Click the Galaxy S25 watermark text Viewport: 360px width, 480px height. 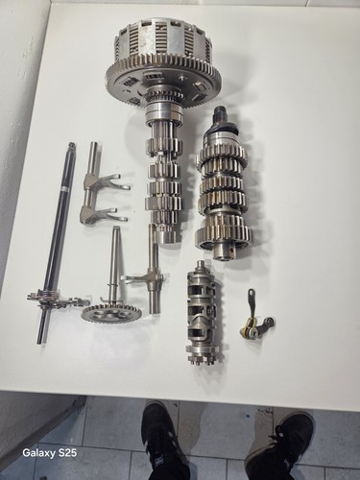tap(50, 453)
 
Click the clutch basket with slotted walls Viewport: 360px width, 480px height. tap(163, 64)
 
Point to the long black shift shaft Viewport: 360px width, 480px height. tap(57, 242)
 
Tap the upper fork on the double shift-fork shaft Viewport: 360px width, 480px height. tap(106, 181)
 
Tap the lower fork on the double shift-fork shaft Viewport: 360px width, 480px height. tap(104, 214)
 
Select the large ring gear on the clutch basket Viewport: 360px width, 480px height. tap(163, 80)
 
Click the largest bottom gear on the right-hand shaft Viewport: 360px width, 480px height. tap(223, 232)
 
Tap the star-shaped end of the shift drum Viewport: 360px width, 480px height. tap(202, 358)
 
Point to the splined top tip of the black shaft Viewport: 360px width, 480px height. tap(71, 147)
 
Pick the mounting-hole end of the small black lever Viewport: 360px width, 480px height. tap(252, 292)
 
